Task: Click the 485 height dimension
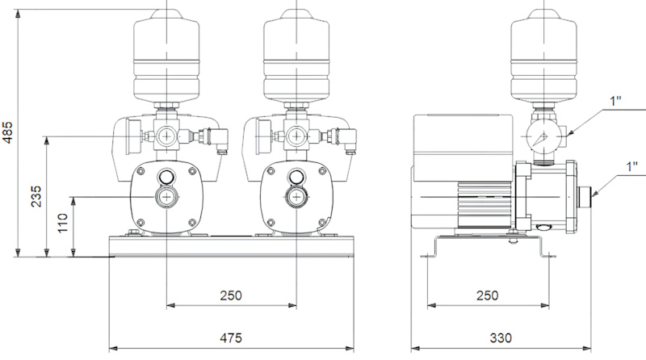[x=7, y=132]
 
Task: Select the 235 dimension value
[x=36, y=196]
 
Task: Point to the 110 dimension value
[x=63, y=224]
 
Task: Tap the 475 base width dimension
[x=231, y=337]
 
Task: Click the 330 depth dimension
[x=501, y=337]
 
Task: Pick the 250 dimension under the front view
[x=231, y=295]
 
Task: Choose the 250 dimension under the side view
[x=488, y=295]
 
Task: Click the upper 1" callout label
[x=615, y=101]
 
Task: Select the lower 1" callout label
[x=631, y=167]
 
